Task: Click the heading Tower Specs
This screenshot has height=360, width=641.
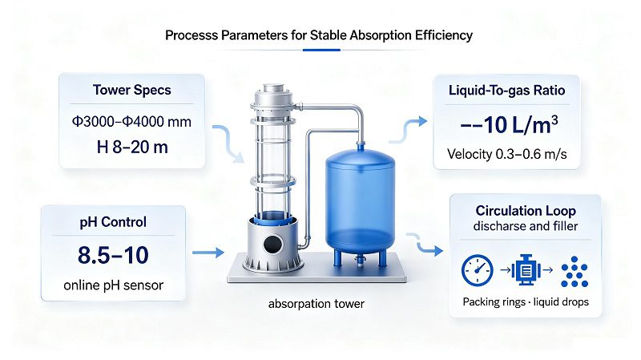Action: (x=131, y=90)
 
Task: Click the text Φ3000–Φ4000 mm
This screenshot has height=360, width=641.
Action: (x=131, y=122)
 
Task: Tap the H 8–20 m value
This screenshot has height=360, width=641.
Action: (x=132, y=148)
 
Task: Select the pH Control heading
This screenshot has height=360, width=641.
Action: (x=113, y=222)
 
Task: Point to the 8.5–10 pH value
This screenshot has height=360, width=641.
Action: (x=113, y=255)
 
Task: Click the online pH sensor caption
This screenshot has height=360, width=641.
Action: (x=113, y=285)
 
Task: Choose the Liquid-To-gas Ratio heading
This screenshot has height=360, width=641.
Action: (x=507, y=90)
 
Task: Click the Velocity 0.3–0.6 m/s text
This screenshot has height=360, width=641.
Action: (x=507, y=154)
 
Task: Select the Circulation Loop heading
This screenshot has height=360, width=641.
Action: (x=526, y=211)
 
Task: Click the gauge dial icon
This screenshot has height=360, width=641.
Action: (x=477, y=270)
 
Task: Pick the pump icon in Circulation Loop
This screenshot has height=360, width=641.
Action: (x=526, y=269)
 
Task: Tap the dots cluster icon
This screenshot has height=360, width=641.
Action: (x=574, y=272)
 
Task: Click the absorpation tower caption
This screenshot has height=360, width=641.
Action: (x=316, y=304)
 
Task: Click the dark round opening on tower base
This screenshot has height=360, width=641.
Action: (x=273, y=245)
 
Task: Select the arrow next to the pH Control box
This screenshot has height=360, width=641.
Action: (x=208, y=253)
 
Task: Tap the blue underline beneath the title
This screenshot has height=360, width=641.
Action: (x=321, y=50)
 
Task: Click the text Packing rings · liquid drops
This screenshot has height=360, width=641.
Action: (x=526, y=302)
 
